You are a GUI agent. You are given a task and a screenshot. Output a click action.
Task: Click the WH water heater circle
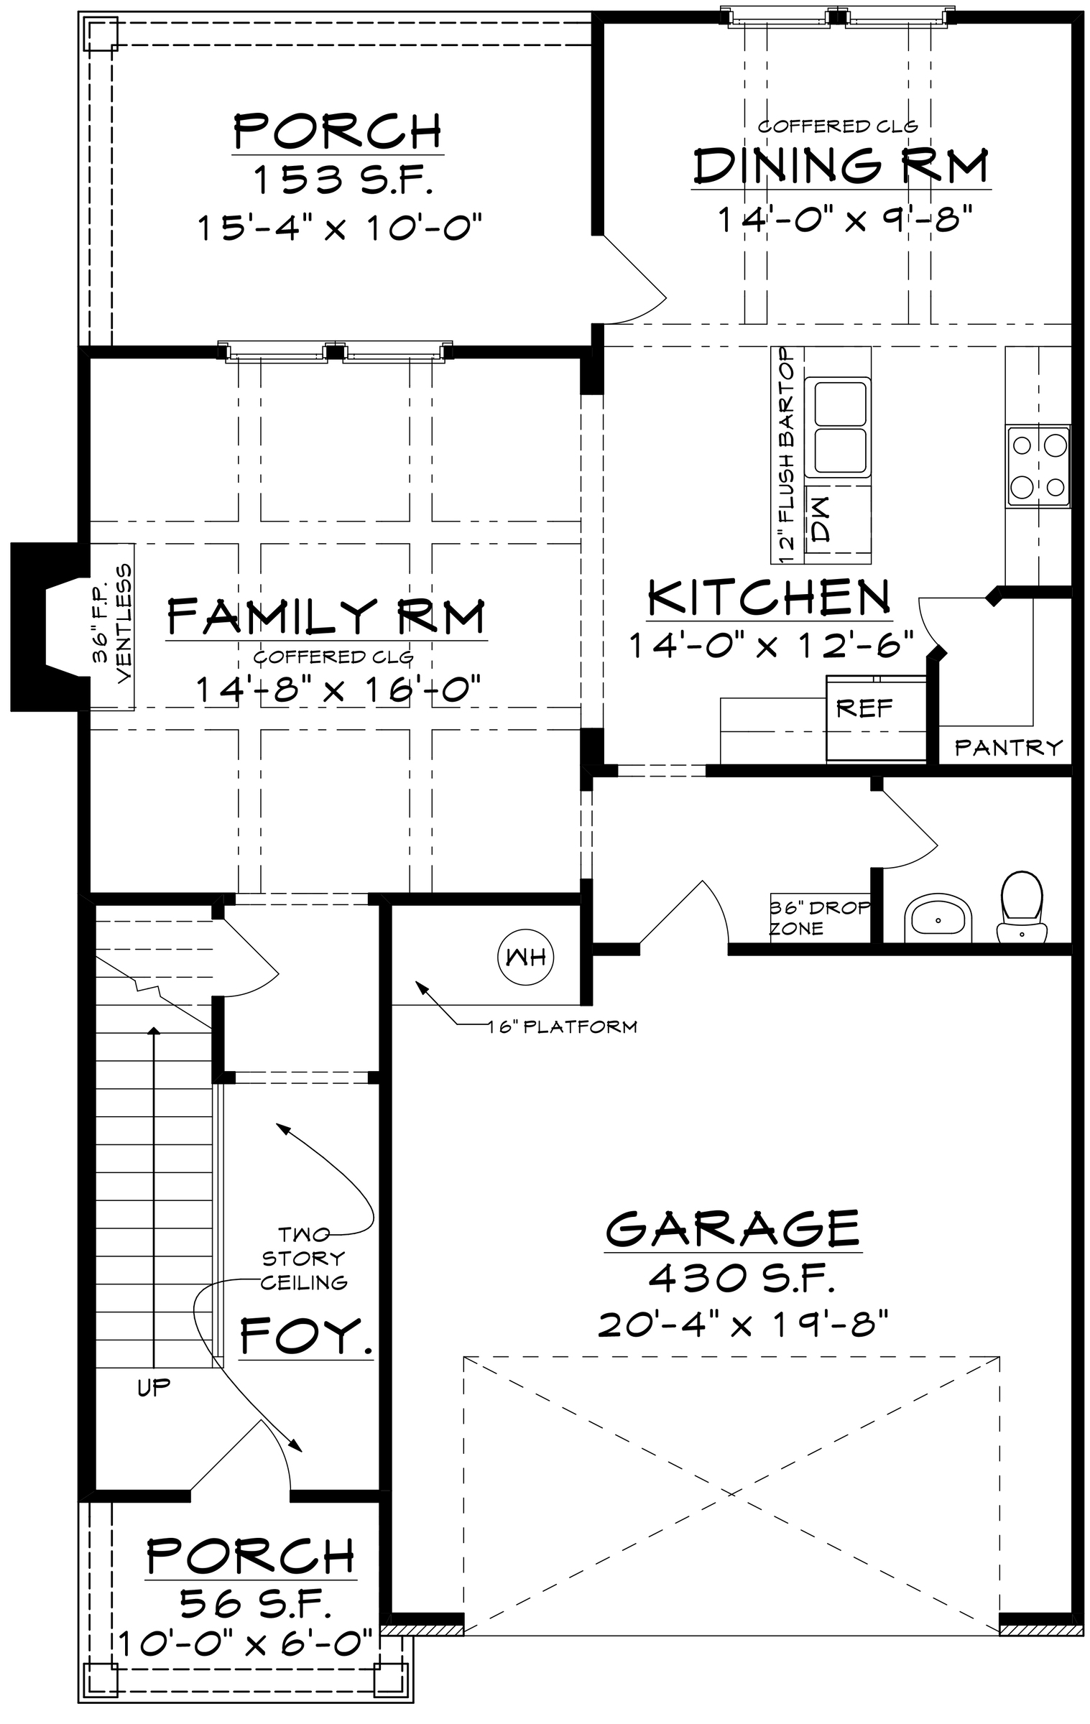(x=527, y=956)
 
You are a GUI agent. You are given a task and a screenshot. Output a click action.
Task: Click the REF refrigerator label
(x=864, y=709)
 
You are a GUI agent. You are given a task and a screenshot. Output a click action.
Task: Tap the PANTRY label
(x=1008, y=748)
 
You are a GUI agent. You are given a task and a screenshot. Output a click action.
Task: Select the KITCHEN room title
(x=769, y=597)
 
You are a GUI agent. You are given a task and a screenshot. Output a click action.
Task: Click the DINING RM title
(x=841, y=164)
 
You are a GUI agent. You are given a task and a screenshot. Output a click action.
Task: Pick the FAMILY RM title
(x=326, y=616)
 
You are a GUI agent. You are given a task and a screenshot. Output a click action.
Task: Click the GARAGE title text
(x=733, y=1228)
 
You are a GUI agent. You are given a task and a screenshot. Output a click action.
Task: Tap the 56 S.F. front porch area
(x=255, y=1603)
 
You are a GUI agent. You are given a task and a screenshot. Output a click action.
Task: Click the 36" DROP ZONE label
(x=819, y=917)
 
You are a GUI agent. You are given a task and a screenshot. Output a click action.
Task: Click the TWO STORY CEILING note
(x=303, y=1258)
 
